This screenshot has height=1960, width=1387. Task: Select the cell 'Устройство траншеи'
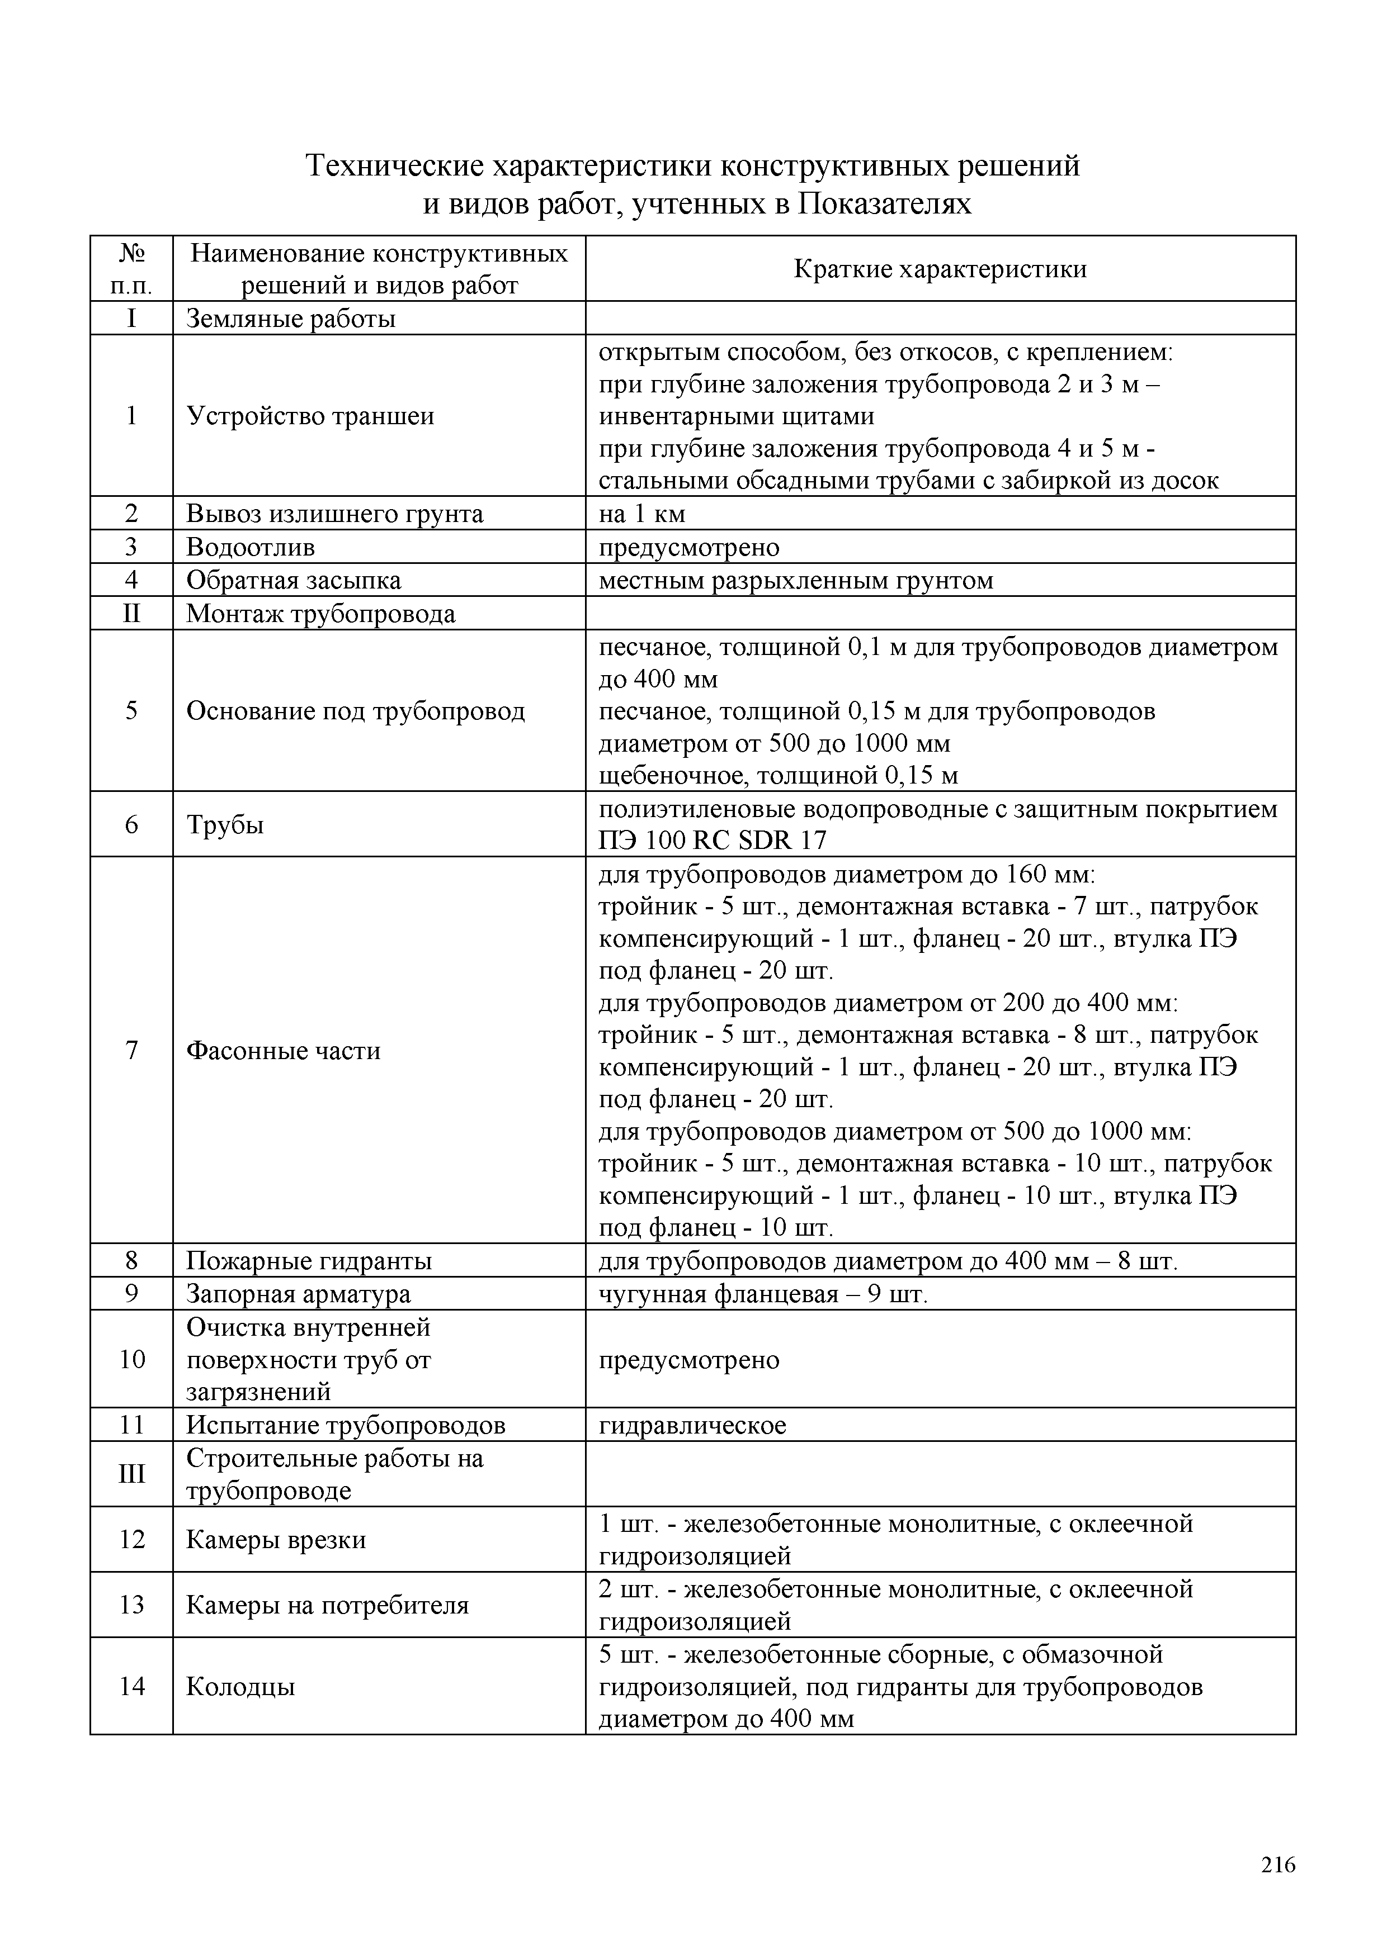tap(310, 416)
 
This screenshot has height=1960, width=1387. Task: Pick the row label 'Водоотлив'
tap(250, 547)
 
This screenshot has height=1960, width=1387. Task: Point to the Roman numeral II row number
tap(131, 614)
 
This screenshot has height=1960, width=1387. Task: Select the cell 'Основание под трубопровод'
tap(355, 710)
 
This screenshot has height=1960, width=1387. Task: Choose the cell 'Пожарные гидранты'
tap(309, 1261)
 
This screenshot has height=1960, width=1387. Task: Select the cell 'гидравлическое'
tap(692, 1425)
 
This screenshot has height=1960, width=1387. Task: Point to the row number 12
tap(131, 1539)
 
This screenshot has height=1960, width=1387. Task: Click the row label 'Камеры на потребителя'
tap(327, 1605)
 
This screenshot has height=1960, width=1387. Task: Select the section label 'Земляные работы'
tap(290, 319)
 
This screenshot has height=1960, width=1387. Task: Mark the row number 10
tap(131, 1359)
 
